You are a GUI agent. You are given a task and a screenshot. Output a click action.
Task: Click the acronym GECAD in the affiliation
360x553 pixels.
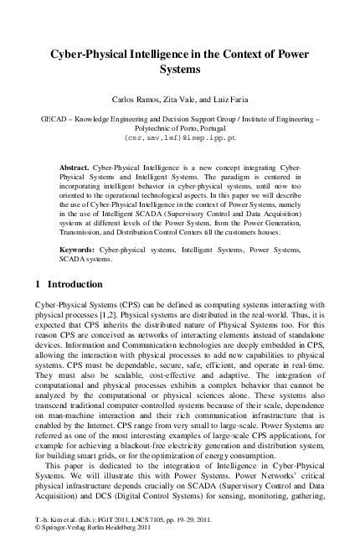coord(56,121)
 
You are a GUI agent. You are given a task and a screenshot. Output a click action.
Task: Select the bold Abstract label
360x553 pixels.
coord(74,168)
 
